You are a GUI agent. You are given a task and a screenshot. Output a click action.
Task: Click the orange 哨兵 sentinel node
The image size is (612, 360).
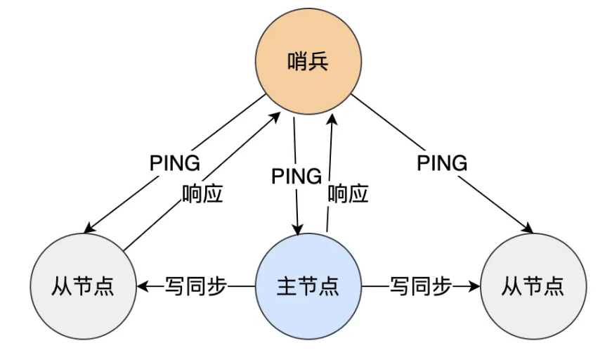point(308,63)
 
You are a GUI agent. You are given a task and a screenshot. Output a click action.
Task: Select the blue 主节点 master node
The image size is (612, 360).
point(308,286)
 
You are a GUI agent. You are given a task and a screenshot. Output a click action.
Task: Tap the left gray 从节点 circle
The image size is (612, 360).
point(83,286)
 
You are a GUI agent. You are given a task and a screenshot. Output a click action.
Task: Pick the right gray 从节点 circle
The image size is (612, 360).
point(533,286)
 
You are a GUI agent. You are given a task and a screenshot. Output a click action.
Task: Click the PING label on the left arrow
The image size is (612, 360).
point(175,163)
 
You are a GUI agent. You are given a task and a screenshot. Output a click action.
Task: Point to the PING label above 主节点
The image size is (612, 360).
point(297,176)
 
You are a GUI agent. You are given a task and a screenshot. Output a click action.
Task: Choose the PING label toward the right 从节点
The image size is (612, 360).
point(442,163)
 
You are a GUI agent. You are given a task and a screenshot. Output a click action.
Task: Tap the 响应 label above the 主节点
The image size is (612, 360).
point(349,193)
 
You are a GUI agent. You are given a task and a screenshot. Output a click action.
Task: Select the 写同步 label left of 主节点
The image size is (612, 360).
point(196,286)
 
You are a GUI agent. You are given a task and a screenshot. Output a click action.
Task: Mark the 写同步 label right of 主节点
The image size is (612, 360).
point(420,286)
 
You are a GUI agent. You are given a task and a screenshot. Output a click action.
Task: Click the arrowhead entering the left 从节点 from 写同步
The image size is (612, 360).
point(141,286)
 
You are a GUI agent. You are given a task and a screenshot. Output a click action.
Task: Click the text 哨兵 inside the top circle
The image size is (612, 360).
point(308,63)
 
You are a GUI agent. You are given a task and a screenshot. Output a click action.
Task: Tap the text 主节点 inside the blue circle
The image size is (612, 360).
point(308,286)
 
